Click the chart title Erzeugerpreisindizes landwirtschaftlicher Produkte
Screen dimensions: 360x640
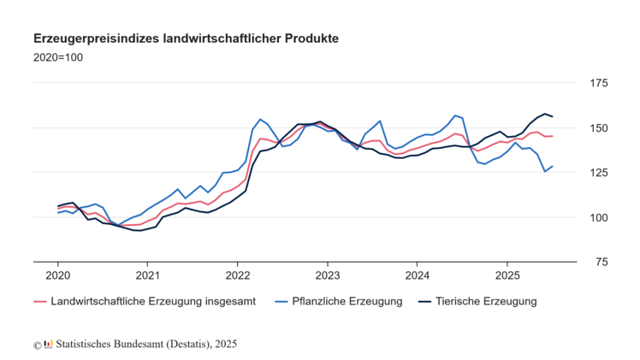click(186, 39)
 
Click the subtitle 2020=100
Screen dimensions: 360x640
click(58, 58)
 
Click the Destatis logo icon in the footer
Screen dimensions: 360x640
click(49, 344)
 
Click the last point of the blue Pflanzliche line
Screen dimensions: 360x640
click(553, 166)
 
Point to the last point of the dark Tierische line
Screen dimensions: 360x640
click(553, 116)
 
